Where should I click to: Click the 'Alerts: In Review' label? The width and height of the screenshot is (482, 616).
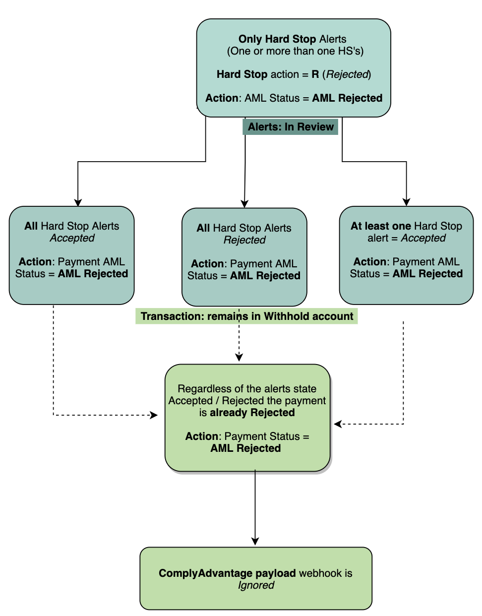click(291, 127)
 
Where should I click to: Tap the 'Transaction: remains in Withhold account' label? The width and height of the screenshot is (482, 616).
click(246, 316)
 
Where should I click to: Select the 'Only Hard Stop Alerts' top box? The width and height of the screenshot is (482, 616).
click(294, 68)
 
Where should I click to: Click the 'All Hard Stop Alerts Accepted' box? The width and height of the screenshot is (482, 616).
click(71, 255)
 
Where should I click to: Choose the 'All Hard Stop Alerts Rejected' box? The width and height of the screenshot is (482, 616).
click(244, 257)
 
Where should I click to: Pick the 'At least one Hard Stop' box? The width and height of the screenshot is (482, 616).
click(406, 255)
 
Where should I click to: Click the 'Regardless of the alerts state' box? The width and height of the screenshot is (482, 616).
click(247, 418)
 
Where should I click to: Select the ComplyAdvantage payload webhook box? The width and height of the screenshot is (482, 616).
click(255, 578)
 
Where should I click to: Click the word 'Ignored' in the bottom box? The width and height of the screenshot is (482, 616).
click(256, 585)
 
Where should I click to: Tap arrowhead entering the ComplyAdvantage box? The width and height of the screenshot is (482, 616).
click(255, 542)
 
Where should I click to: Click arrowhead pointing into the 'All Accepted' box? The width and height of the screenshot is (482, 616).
click(78, 202)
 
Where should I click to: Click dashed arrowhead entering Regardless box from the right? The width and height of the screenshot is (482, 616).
click(338, 424)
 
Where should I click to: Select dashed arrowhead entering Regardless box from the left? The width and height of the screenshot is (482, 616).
click(154, 415)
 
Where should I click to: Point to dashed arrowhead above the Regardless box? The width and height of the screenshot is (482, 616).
click(239, 357)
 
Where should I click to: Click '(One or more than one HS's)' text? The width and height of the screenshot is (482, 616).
click(295, 51)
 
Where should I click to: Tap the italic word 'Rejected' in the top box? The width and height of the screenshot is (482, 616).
click(347, 74)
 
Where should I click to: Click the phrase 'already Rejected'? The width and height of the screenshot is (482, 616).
click(252, 413)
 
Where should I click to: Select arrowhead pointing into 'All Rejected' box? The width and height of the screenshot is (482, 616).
click(244, 203)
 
